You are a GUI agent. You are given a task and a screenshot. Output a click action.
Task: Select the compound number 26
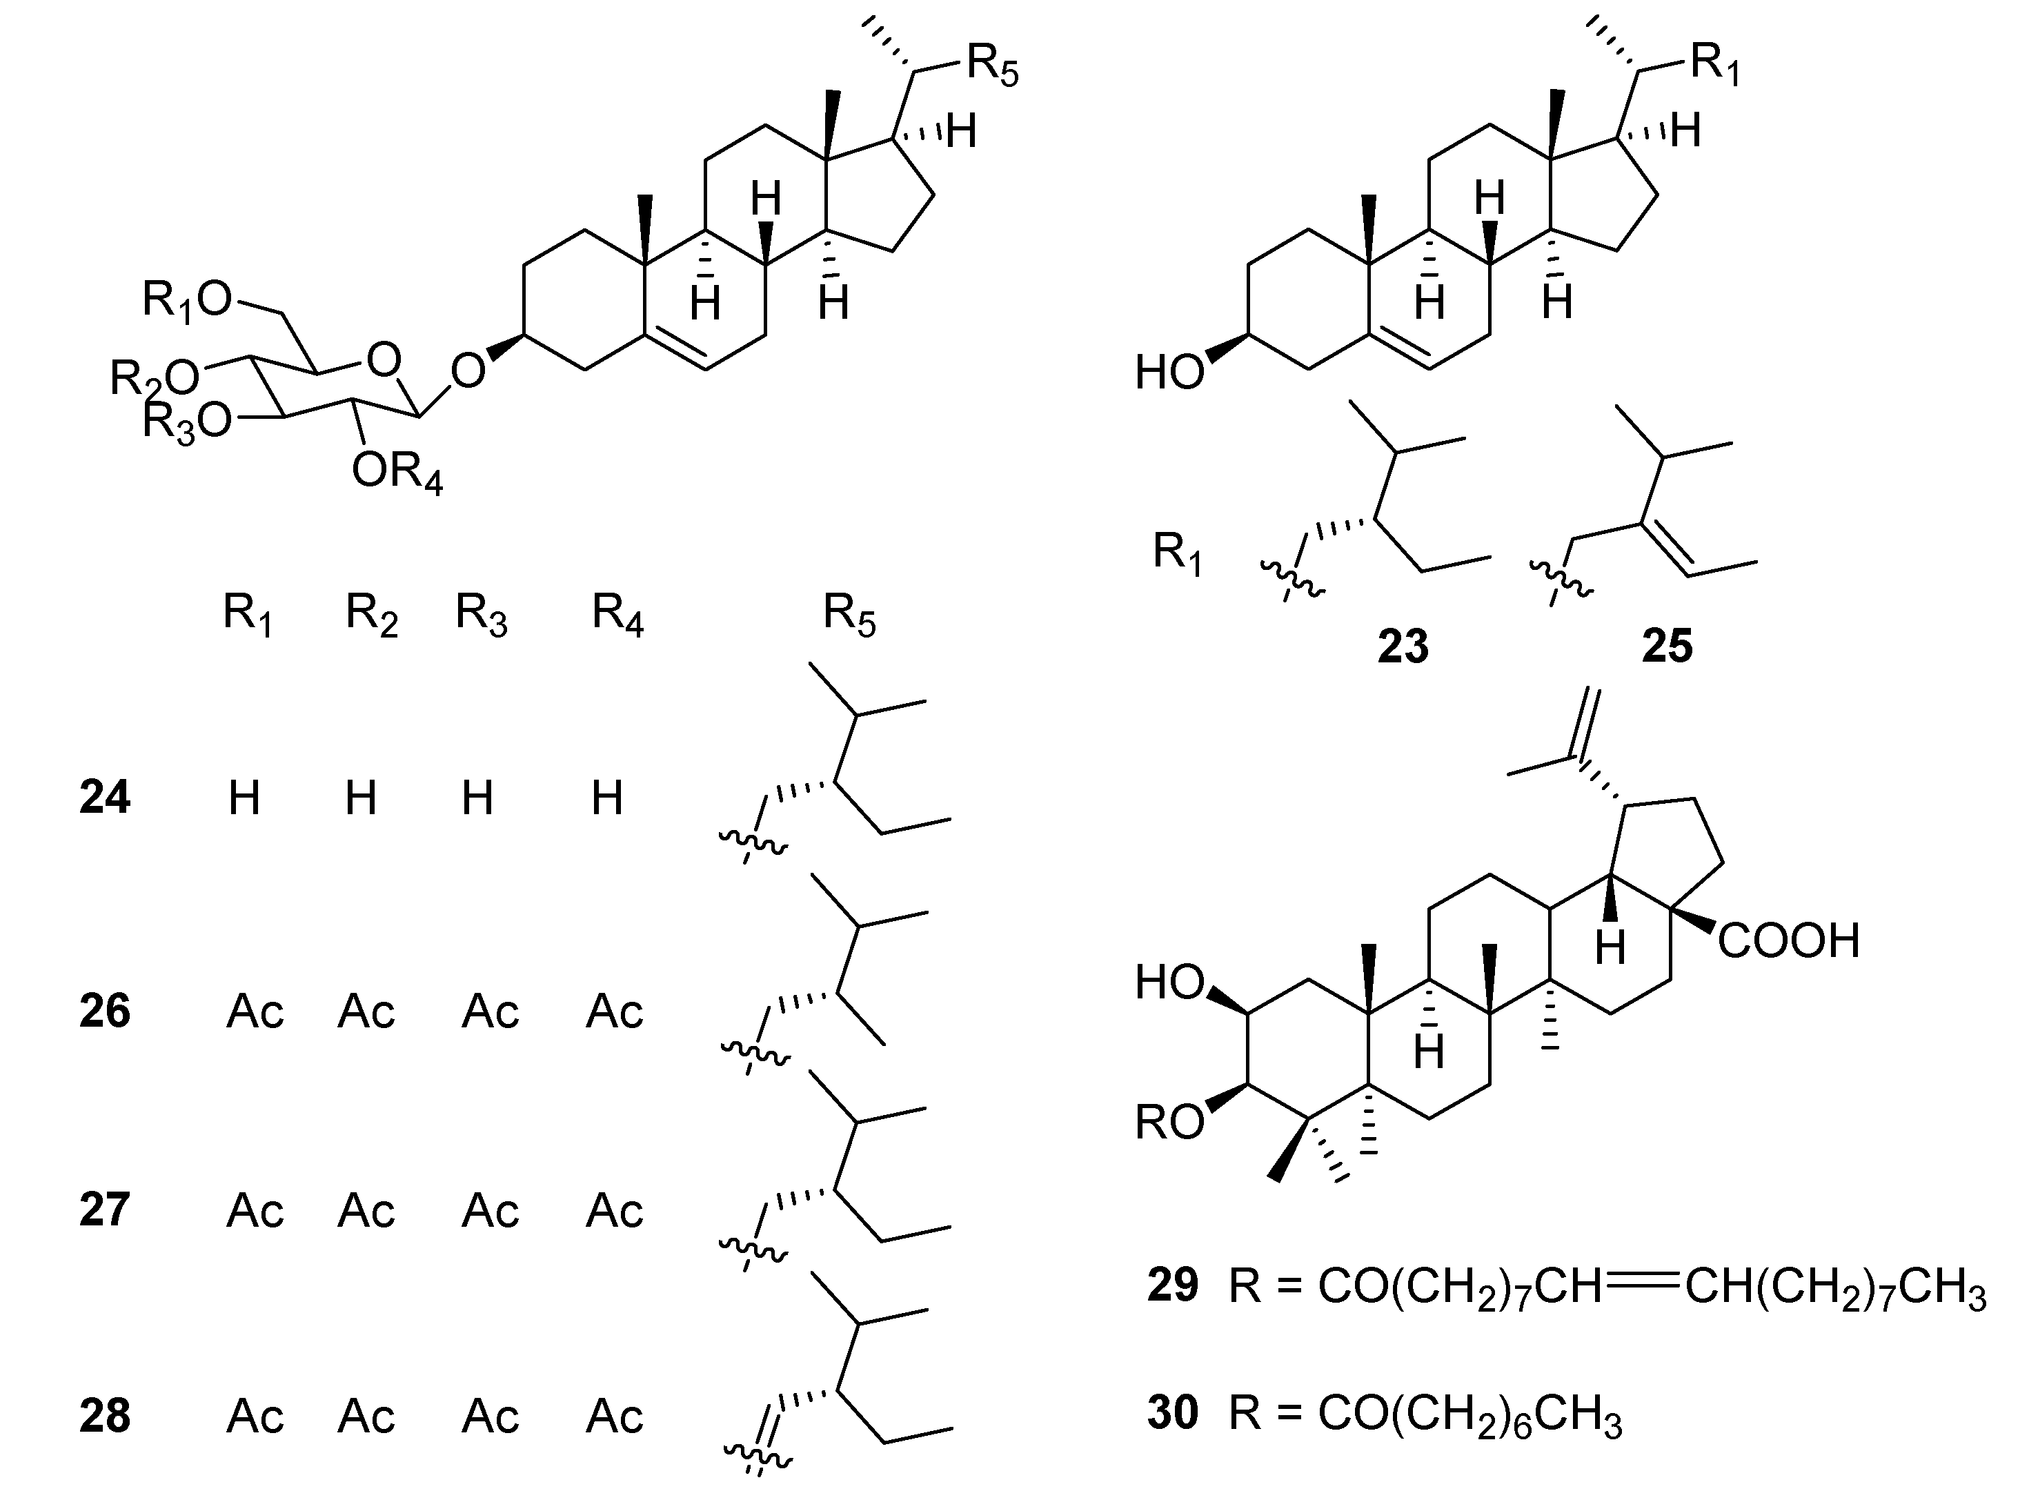pyautogui.click(x=104, y=1011)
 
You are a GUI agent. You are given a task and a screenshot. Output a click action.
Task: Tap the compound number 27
pyautogui.click(x=104, y=1210)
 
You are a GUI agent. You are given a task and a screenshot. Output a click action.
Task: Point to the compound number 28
pyautogui.click(x=104, y=1416)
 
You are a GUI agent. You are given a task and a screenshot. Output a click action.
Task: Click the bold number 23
pyautogui.click(x=1403, y=647)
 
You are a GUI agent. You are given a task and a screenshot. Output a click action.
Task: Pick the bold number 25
pyautogui.click(x=1667, y=647)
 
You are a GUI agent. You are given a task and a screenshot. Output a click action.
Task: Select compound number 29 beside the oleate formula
pyautogui.click(x=1172, y=1285)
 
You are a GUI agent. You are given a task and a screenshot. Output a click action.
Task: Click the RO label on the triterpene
pyautogui.click(x=1169, y=1123)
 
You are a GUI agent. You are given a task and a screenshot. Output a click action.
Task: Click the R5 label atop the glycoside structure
pyautogui.click(x=992, y=66)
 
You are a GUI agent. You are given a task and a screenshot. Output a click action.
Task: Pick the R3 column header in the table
pyautogui.click(x=481, y=615)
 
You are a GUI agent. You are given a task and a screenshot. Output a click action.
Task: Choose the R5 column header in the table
pyautogui.click(x=849, y=615)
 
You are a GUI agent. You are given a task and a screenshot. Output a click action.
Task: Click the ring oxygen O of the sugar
pyautogui.click(x=384, y=360)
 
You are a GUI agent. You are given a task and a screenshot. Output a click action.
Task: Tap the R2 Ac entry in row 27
pyautogui.click(x=366, y=1210)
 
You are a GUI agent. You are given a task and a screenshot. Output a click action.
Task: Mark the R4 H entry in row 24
pyautogui.click(x=606, y=798)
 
